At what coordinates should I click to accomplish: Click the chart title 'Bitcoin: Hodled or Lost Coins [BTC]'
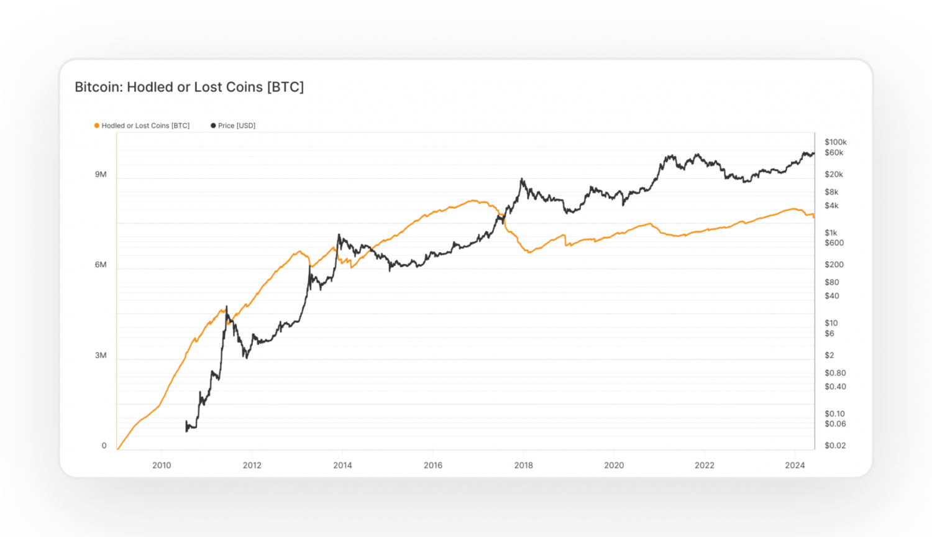click(x=189, y=87)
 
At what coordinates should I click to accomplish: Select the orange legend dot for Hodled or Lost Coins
click(x=97, y=126)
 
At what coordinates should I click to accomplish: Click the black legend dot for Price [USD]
click(x=213, y=126)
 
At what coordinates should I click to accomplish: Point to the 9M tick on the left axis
click(x=101, y=175)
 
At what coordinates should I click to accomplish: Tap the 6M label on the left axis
click(x=101, y=265)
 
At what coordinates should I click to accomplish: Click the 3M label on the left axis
click(x=101, y=356)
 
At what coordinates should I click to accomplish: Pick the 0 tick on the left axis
click(x=104, y=446)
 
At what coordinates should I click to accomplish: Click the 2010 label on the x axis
click(x=162, y=466)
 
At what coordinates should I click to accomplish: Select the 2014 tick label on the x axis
click(x=342, y=466)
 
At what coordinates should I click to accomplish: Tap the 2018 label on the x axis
click(x=523, y=466)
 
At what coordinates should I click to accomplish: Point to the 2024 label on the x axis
click(x=795, y=466)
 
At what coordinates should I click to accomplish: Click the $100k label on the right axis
click(x=836, y=142)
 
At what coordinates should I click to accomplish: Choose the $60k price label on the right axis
click(x=834, y=153)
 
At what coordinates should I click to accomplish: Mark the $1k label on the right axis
click(x=831, y=233)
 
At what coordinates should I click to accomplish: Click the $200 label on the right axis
click(x=834, y=265)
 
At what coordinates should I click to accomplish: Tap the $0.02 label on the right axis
click(x=835, y=446)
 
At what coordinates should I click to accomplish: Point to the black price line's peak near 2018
click(x=522, y=180)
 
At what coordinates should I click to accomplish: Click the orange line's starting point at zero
click(x=118, y=449)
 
